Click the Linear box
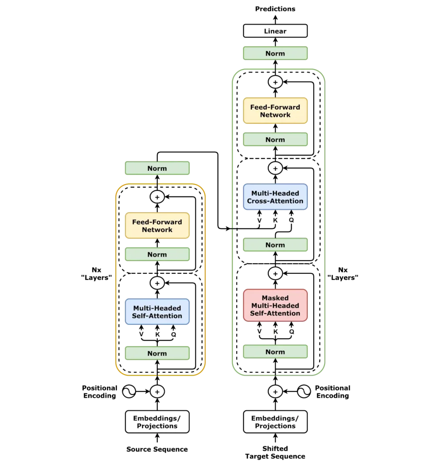[275, 31]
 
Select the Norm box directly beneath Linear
[275, 53]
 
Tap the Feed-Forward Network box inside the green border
[275, 111]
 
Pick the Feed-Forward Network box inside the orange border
[157, 226]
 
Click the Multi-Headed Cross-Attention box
[275, 197]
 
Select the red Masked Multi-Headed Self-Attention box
[275, 306]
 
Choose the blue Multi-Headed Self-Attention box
[157, 312]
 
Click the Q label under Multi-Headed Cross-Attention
[291, 221]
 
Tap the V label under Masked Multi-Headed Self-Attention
[259, 332]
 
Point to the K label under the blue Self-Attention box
[157, 334]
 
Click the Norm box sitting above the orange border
[157, 169]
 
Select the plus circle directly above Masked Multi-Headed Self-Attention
[275, 274]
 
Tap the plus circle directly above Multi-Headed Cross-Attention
[275, 169]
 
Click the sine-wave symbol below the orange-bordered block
[129, 391]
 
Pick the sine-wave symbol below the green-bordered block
[304, 391]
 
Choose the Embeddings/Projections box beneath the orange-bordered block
[157, 422]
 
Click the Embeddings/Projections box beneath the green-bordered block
[275, 422]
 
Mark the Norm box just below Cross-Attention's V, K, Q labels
[275, 245]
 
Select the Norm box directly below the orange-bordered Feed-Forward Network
[157, 255]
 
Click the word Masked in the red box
[275, 298]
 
